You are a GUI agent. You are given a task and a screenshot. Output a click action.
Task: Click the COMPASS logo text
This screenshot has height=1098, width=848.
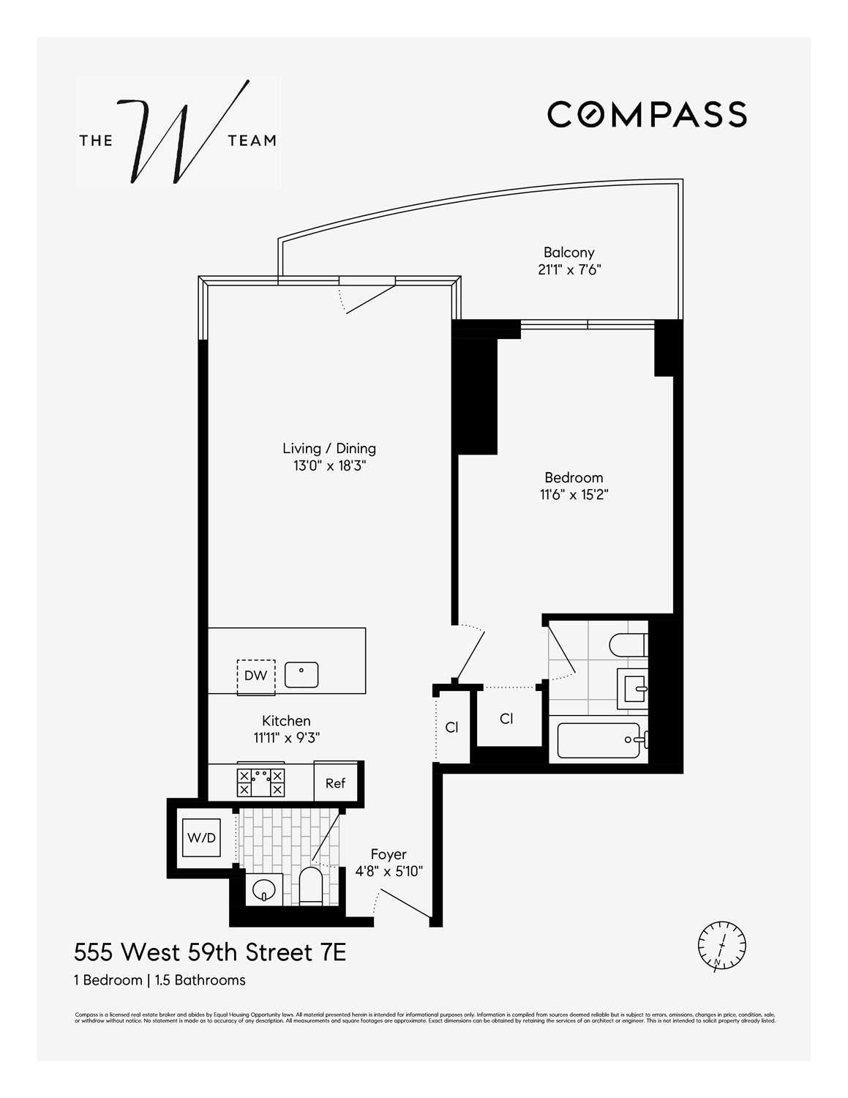click(647, 114)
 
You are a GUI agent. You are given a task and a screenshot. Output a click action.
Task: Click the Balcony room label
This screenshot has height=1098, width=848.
click(569, 253)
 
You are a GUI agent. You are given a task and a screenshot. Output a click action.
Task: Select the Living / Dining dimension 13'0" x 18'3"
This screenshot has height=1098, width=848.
click(329, 466)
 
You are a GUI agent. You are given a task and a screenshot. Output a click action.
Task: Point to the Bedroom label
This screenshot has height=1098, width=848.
click(574, 478)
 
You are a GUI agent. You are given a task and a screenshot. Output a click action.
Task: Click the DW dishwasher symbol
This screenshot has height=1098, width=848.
click(255, 676)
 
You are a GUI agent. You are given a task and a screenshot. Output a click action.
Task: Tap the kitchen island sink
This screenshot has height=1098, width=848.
click(301, 673)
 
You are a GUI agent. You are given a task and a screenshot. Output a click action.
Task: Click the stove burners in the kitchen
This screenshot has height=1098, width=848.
click(260, 783)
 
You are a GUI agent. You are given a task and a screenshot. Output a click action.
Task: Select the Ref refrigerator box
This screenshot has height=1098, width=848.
click(335, 783)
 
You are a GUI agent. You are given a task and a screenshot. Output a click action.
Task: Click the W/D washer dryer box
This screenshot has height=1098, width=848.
click(201, 837)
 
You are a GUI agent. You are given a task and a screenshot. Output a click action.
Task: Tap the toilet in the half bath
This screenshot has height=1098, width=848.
click(310, 886)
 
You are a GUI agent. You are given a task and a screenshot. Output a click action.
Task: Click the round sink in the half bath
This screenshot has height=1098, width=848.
click(263, 890)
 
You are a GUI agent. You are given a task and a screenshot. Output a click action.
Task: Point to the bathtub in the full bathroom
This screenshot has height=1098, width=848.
click(599, 741)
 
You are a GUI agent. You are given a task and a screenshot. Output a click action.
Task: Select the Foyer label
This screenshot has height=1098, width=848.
click(389, 854)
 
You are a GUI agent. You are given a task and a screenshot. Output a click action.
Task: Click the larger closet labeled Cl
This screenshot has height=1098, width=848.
click(506, 719)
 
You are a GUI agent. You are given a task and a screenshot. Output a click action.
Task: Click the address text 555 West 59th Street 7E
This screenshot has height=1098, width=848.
click(210, 952)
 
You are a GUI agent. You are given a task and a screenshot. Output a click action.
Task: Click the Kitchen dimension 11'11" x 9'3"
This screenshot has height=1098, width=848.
click(287, 739)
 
